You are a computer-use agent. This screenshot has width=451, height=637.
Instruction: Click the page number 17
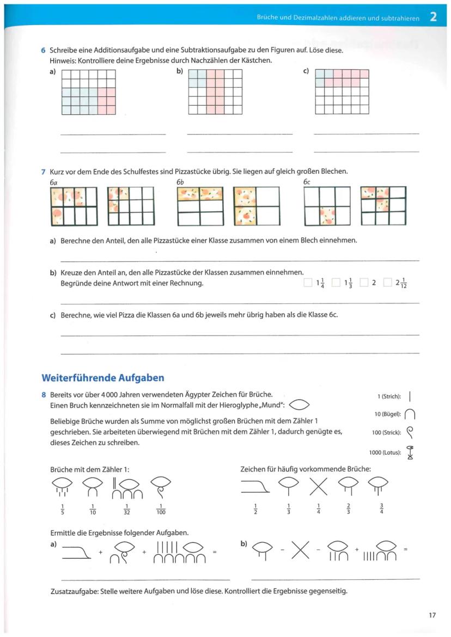pyautogui.click(x=432, y=616)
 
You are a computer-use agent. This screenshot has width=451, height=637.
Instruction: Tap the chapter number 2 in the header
pyautogui.click(x=433, y=17)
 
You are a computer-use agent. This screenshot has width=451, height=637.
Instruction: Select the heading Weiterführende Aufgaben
pyautogui.click(x=103, y=378)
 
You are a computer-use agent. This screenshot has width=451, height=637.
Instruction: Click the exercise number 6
pyautogui.click(x=43, y=51)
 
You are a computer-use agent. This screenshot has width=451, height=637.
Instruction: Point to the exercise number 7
pyautogui.click(x=43, y=171)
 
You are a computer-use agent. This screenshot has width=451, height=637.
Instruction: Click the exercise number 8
pyautogui.click(x=43, y=395)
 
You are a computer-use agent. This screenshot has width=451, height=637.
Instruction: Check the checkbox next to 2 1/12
pyautogui.click(x=387, y=283)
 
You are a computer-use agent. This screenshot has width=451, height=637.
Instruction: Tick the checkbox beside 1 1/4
pyautogui.click(x=308, y=283)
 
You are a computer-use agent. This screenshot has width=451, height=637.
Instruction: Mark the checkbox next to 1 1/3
pyautogui.click(x=336, y=283)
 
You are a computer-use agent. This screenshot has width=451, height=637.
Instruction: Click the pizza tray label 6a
pyautogui.click(x=53, y=182)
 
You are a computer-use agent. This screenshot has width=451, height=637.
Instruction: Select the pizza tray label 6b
pyautogui.click(x=180, y=182)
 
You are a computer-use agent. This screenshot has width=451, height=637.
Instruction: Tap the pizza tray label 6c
pyautogui.click(x=307, y=182)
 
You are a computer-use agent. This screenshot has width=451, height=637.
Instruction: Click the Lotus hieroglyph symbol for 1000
pyautogui.click(x=410, y=453)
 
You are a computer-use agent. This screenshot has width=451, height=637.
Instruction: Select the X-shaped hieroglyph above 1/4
pyautogui.click(x=320, y=484)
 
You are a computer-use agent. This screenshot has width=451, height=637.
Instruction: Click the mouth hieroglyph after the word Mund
pyautogui.click(x=300, y=405)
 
